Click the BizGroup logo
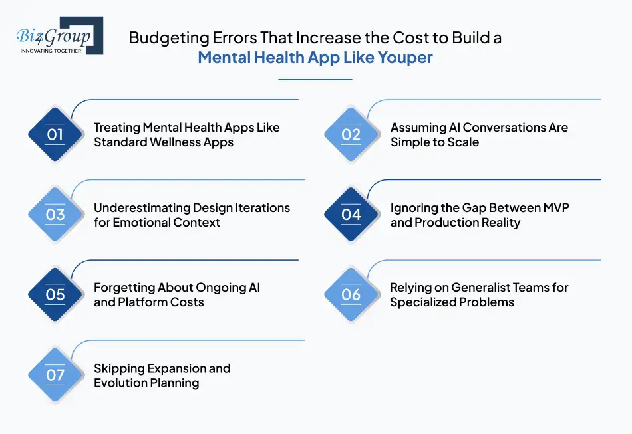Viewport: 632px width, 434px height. [x=57, y=34]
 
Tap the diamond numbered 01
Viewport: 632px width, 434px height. [x=55, y=134]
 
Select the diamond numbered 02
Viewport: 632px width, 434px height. [x=351, y=134]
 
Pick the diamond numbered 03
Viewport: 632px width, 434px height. [x=55, y=214]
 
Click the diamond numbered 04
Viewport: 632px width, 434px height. [x=351, y=214]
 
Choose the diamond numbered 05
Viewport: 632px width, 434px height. [x=55, y=294]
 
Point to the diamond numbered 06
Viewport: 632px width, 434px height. [x=351, y=294]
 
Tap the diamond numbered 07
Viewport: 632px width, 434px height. [x=55, y=374]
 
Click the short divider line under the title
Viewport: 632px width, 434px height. [x=315, y=80]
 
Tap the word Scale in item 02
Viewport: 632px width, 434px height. [x=464, y=142]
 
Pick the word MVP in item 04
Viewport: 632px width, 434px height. [x=555, y=207]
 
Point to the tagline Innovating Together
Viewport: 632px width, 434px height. [x=51, y=50]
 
